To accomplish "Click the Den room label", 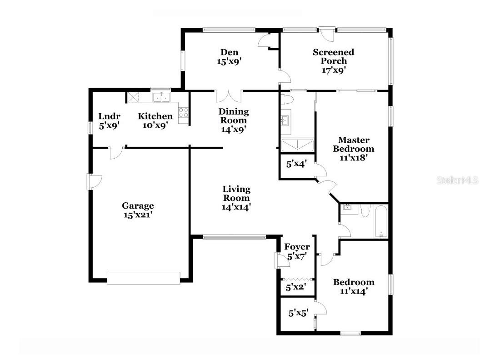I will [230, 52].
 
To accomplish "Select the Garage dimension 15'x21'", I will [137, 215].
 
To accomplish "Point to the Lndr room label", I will [109, 116].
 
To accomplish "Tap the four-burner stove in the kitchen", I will [184, 112].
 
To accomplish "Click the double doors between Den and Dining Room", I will [229, 96].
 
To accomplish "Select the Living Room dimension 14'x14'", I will [236, 206].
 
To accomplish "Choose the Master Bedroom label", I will [353, 145].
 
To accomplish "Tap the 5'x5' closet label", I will [299, 313].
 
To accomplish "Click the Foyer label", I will [297, 247].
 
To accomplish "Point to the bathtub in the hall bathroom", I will [381, 222].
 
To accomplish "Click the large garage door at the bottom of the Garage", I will [144, 278].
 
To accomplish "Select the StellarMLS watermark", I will [457, 180].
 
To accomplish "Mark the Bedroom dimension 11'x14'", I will [354, 291].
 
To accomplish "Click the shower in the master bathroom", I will [297, 145].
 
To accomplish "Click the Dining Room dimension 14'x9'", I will [234, 129].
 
